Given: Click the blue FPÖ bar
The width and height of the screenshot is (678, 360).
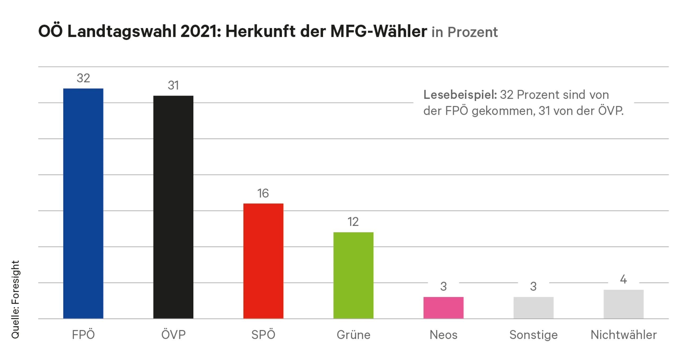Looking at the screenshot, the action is pyautogui.click(x=83, y=203).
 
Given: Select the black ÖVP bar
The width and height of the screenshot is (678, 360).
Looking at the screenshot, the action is pyautogui.click(x=173, y=207).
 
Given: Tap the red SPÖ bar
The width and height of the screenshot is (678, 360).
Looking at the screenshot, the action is pyautogui.click(x=263, y=261).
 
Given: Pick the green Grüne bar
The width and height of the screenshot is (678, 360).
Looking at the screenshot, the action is pyautogui.click(x=353, y=275).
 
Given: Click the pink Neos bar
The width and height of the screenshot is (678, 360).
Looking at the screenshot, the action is pyautogui.click(x=443, y=308).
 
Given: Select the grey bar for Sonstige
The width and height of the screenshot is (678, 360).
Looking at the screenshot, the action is pyautogui.click(x=533, y=308).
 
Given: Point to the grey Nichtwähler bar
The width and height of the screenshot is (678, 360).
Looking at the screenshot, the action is pyautogui.click(x=623, y=304).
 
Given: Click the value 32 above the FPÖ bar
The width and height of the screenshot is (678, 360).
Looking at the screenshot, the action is pyautogui.click(x=83, y=78).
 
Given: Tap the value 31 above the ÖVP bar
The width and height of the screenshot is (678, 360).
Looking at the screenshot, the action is pyautogui.click(x=173, y=85).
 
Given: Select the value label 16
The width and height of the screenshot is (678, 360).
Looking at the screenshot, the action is pyautogui.click(x=263, y=193).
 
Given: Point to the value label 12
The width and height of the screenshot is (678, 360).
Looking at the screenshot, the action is pyautogui.click(x=353, y=222).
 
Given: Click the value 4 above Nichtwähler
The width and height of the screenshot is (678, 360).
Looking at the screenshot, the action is pyautogui.click(x=623, y=279).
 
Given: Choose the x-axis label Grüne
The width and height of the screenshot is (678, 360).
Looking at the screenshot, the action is pyautogui.click(x=353, y=335).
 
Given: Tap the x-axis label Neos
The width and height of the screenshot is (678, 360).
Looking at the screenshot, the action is pyautogui.click(x=443, y=335).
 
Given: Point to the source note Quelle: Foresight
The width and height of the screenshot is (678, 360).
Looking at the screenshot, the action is pyautogui.click(x=15, y=299).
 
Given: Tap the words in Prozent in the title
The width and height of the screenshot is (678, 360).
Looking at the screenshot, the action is pyautogui.click(x=465, y=32).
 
